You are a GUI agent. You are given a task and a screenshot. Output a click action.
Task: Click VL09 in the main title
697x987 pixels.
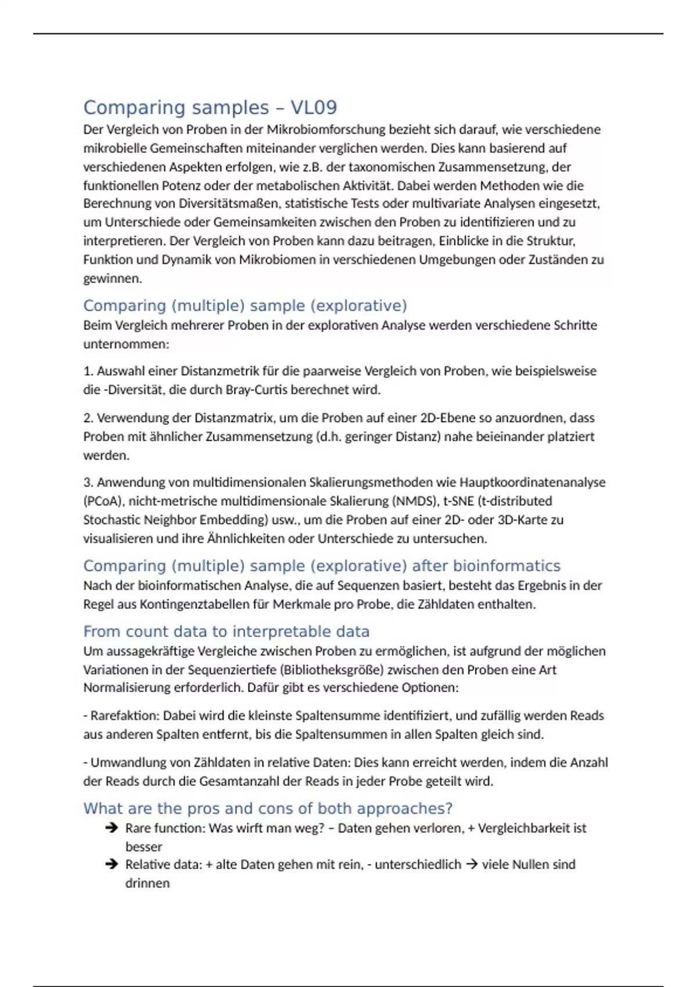pos(314,108)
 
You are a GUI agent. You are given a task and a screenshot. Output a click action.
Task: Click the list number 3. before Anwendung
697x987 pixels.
pos(88,482)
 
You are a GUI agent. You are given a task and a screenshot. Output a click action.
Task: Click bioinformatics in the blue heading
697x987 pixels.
pos(506,566)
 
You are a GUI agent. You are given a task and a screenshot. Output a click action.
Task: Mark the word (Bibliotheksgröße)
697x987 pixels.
pos(332,670)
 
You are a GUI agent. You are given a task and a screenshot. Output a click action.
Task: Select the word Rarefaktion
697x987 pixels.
pos(123,716)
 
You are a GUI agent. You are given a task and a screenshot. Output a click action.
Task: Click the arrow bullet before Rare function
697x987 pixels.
pos(112,828)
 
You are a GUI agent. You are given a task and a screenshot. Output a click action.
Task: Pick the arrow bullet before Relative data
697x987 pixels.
pos(112,864)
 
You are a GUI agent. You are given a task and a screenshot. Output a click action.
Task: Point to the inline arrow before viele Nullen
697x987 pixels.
pos(471,864)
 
